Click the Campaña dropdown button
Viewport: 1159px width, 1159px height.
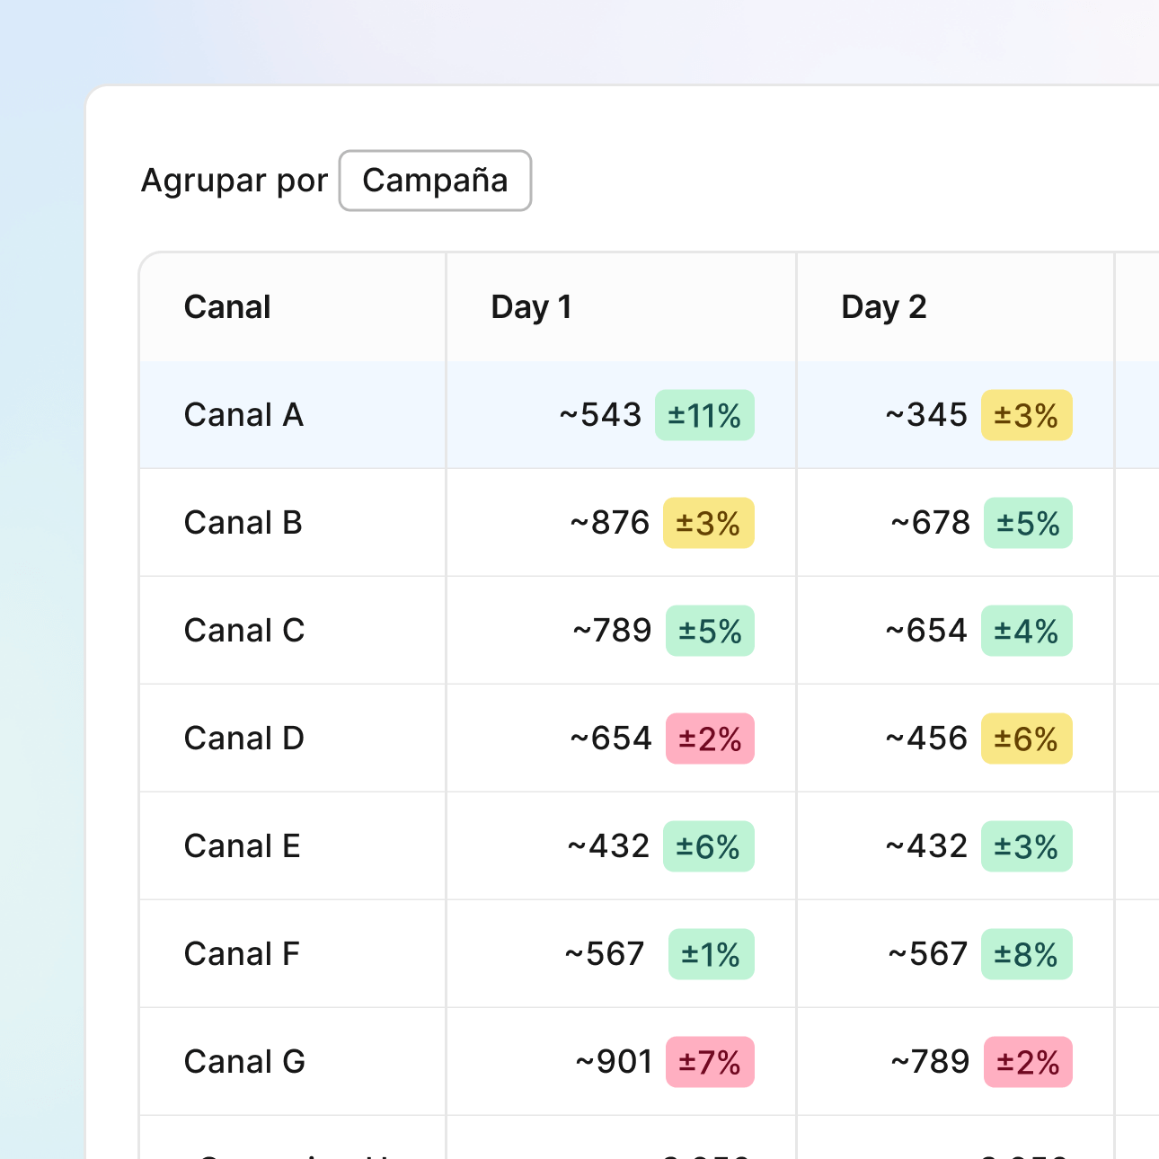[x=435, y=181]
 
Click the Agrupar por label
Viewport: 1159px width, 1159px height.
[x=234, y=181]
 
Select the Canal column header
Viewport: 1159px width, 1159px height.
[x=227, y=307]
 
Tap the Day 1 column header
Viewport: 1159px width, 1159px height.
[x=531, y=307]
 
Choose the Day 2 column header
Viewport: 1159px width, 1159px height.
[x=883, y=307]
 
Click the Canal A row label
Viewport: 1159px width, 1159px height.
[x=243, y=415]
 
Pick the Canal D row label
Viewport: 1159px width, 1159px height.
[x=243, y=739]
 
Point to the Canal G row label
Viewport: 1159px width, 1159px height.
[x=244, y=1062]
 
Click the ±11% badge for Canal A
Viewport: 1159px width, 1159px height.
[x=704, y=415]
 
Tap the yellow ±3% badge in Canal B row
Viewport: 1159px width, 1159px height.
[x=708, y=523]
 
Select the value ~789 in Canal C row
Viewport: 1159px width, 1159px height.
[x=612, y=631]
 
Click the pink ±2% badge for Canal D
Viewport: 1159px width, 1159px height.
[x=710, y=739]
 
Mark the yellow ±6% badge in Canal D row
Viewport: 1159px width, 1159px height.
[x=1026, y=739]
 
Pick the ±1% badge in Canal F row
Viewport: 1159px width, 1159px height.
[x=711, y=954]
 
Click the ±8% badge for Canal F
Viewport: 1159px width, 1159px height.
[x=1026, y=954]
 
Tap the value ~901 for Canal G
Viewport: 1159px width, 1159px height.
[x=614, y=1062]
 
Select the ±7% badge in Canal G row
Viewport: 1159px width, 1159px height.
[x=710, y=1062]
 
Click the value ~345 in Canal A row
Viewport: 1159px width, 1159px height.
[x=926, y=415]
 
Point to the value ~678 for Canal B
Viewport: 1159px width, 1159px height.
[x=930, y=523]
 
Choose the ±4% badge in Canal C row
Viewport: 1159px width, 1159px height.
[x=1026, y=631]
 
